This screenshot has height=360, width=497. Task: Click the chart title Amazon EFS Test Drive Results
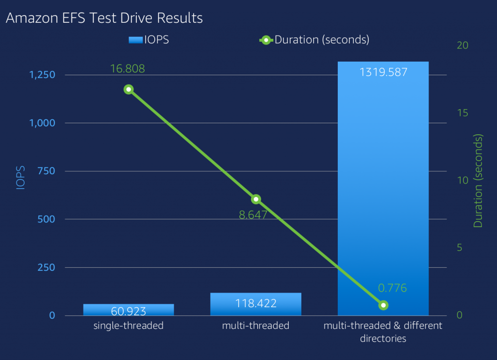point(104,18)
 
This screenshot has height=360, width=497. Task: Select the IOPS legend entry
point(149,40)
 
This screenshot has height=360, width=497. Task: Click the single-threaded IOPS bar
point(128,310)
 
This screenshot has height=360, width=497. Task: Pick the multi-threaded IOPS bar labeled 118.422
point(256,304)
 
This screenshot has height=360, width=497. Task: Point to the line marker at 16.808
point(129,89)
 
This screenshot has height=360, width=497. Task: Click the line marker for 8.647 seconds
point(256,199)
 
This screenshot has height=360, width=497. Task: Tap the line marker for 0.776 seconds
point(383,305)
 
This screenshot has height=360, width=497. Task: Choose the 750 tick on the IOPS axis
point(49,171)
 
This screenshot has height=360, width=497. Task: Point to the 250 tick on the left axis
point(49,268)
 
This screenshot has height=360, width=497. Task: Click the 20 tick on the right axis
point(463,45)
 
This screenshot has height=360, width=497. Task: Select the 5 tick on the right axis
point(460,248)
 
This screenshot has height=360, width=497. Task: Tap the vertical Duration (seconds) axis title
point(479,181)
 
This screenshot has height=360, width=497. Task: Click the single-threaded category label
point(128,326)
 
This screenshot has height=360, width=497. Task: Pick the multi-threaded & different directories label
point(383,332)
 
